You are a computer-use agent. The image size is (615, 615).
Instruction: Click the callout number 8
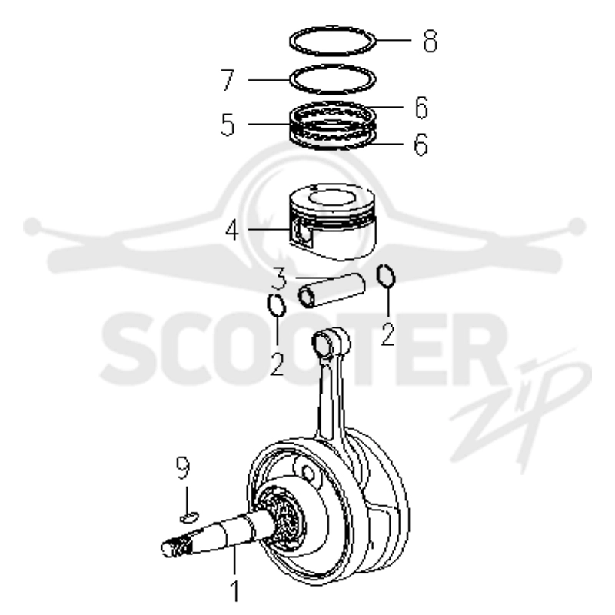coord(430,41)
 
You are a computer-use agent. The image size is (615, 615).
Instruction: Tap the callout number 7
coord(228,80)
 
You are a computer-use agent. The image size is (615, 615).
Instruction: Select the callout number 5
coord(228,125)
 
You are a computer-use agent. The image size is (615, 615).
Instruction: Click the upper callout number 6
coord(421,107)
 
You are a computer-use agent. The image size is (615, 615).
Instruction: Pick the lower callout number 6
coord(421,145)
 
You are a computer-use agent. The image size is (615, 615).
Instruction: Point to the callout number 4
coord(231,230)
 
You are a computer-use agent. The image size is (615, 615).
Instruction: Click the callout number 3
coord(279,278)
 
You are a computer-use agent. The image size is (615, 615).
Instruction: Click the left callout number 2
coord(277,364)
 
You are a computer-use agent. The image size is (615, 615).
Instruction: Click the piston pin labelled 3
coord(332,291)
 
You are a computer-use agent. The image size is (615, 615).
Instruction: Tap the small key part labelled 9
coord(189,517)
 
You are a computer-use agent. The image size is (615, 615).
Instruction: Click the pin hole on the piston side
coord(302,234)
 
